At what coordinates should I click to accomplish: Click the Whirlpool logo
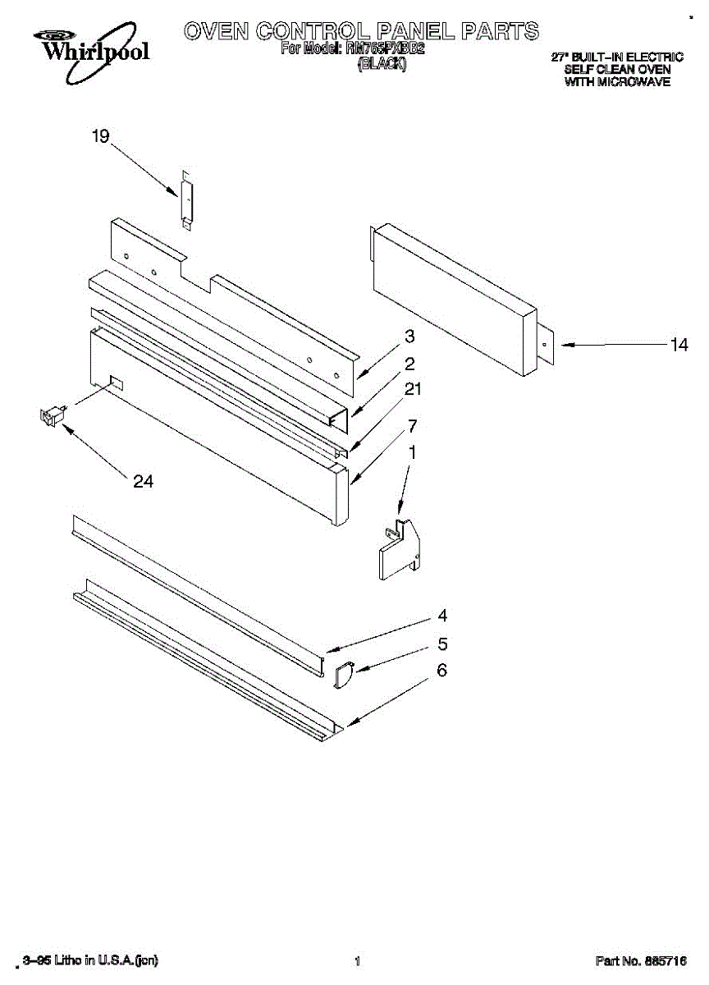91,47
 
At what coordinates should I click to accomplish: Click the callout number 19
100,137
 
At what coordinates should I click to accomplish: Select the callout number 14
679,346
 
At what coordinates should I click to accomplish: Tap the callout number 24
143,482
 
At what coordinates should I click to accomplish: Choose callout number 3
409,337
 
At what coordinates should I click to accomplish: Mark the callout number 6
442,671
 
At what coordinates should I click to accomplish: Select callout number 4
442,616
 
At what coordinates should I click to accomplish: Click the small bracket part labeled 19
187,201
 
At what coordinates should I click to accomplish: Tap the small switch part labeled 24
52,416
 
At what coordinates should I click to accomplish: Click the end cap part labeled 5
343,675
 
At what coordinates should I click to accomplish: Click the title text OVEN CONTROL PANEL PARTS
361,31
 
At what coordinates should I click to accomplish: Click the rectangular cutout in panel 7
116,382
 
